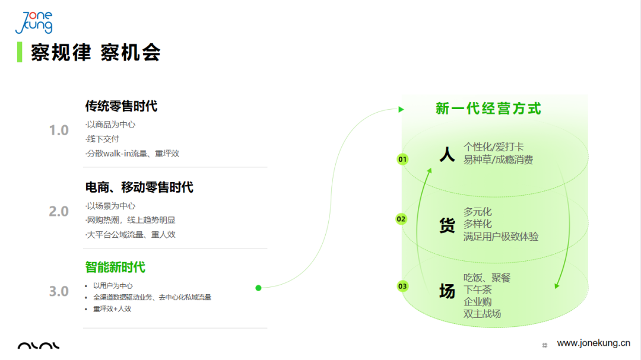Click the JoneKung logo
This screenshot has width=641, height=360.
(34, 23)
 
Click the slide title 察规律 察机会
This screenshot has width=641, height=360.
(96, 53)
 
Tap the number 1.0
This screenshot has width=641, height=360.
(59, 130)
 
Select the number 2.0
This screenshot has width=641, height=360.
(59, 211)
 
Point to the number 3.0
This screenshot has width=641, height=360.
(59, 291)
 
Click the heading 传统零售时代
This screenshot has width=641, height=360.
(121, 106)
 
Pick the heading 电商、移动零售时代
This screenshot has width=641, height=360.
(139, 187)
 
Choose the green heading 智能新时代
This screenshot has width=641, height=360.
(115, 267)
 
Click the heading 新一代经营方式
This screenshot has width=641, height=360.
(488, 109)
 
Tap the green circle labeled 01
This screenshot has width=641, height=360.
(403, 160)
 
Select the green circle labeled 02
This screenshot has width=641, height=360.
(401, 219)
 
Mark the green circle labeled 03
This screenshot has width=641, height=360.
(403, 286)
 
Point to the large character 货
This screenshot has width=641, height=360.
(447, 225)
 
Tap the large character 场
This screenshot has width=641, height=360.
(447, 291)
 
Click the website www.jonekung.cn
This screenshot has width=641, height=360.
(594, 343)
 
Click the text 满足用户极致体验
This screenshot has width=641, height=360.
(501, 237)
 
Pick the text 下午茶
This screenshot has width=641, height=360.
(478, 289)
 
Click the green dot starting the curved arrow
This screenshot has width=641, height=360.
(258, 288)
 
